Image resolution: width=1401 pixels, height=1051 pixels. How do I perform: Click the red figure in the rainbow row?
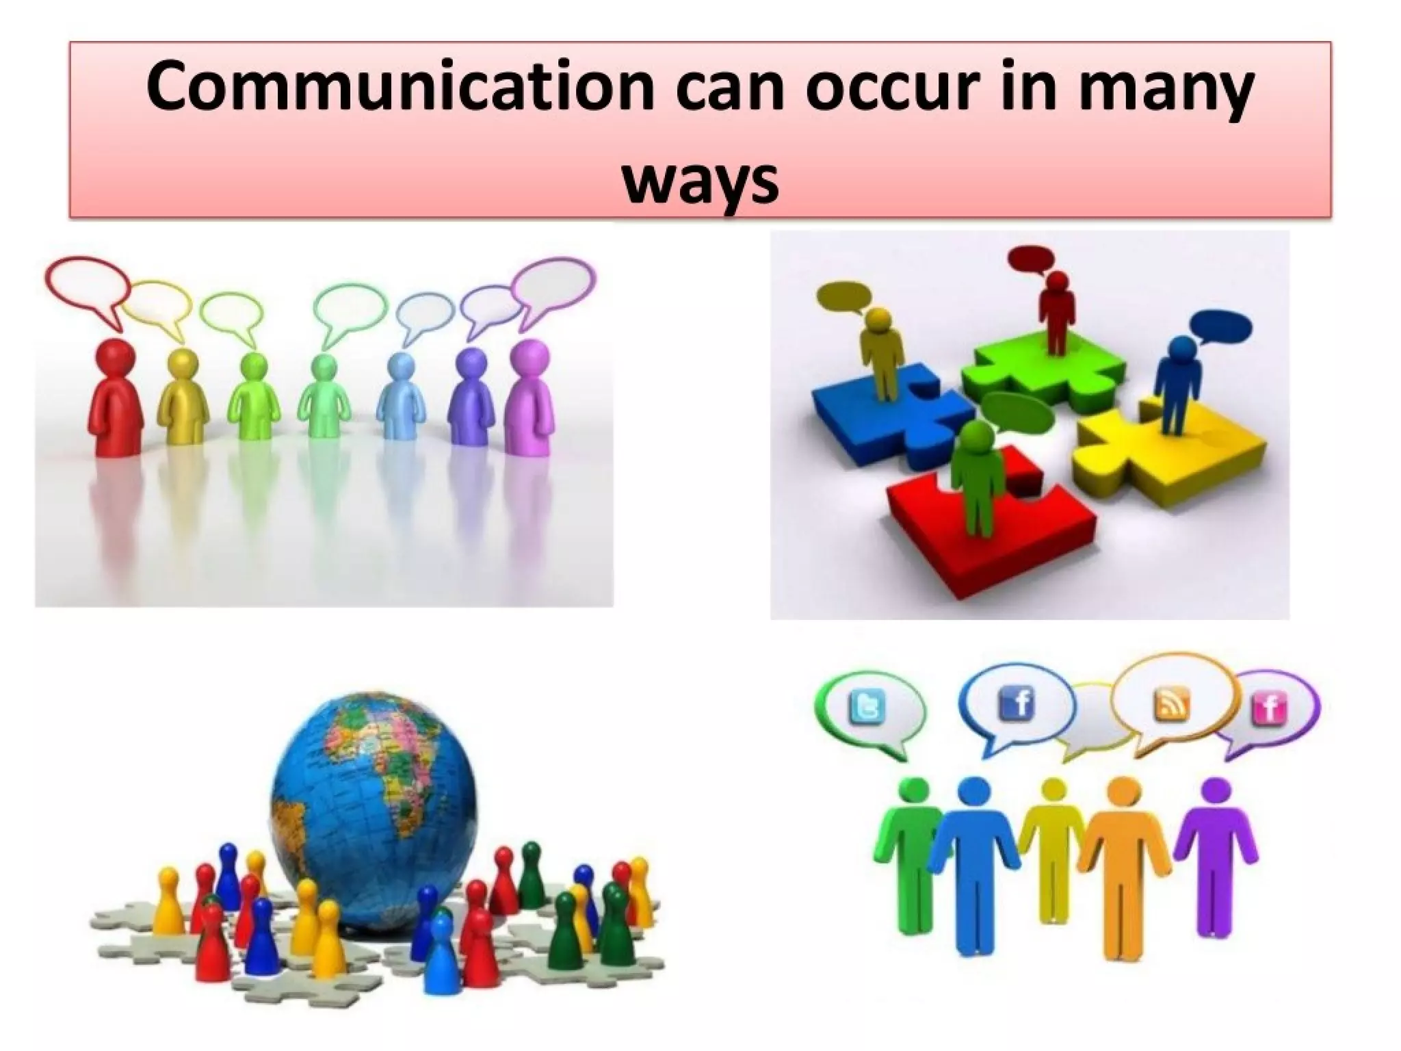click(116, 397)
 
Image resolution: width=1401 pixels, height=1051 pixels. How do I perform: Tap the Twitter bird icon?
click(867, 705)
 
